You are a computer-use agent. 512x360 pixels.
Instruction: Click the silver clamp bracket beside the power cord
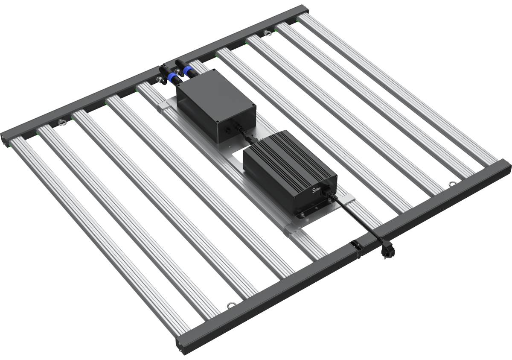tap(348, 198)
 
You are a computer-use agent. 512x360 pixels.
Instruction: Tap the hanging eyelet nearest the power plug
tap(451, 184)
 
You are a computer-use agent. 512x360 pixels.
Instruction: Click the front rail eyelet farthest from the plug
tap(230, 305)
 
